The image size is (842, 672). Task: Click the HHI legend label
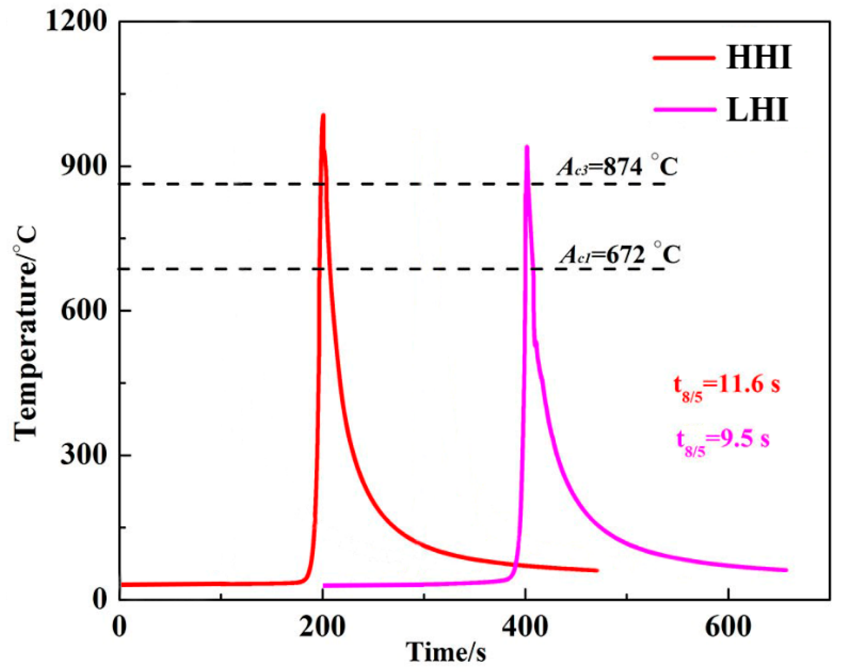(759, 57)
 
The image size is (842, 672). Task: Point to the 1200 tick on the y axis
(77, 22)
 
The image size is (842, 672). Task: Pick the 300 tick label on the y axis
(84, 455)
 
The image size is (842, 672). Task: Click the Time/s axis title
(447, 652)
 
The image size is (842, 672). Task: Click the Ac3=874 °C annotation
(617, 167)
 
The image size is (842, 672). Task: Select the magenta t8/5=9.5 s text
(723, 440)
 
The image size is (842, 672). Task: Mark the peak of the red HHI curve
(323, 115)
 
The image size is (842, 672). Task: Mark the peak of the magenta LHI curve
(527, 147)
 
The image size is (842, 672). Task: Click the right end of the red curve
(597, 570)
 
